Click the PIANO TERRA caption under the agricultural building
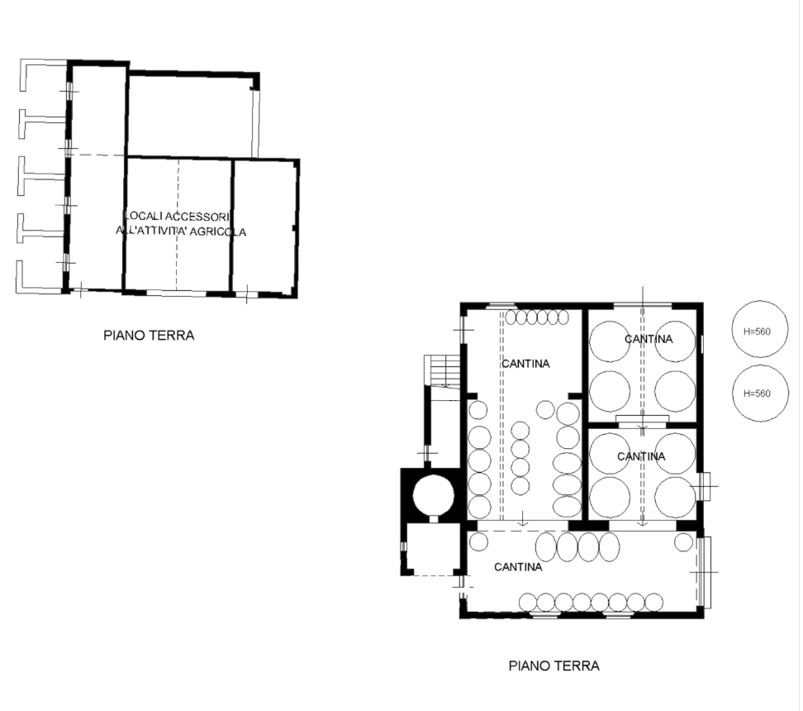[149, 336]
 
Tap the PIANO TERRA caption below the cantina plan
[554, 666]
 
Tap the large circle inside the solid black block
[434, 494]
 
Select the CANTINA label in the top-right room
[649, 339]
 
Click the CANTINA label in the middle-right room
[641, 456]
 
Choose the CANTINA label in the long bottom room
[518, 567]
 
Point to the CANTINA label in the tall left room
[525, 364]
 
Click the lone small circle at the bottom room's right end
[683, 542]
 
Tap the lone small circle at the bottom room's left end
[478, 542]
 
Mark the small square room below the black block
[433, 548]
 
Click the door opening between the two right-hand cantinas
[643, 423]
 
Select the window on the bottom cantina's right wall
[704, 571]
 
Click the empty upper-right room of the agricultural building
[190, 114]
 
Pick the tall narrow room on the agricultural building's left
[96, 178]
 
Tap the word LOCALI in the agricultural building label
[141, 216]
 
